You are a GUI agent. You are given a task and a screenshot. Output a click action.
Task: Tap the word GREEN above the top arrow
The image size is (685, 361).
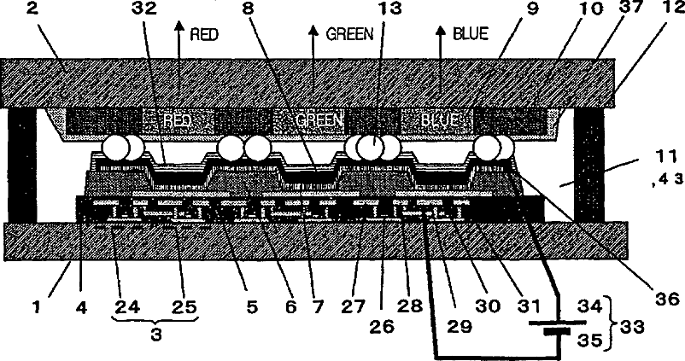pos(348,35)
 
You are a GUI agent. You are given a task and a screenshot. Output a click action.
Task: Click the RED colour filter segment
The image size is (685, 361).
pos(176,122)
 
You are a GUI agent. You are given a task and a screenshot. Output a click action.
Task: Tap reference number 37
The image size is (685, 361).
pos(631,10)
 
